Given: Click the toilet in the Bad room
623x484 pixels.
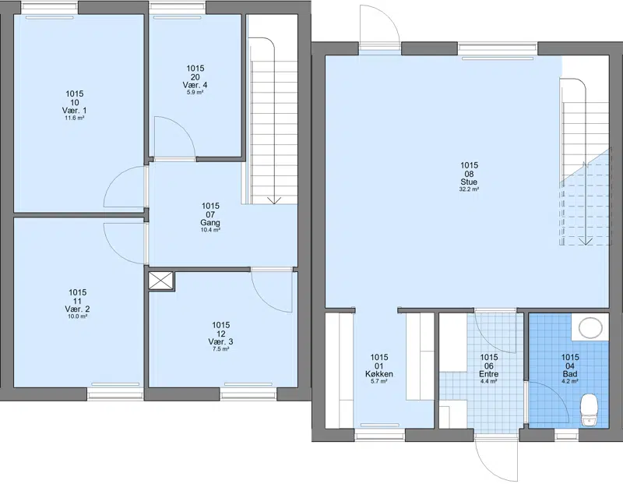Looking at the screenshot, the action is pyautogui.click(x=589, y=410).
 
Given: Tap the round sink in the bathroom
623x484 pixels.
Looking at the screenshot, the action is pyautogui.click(x=590, y=327).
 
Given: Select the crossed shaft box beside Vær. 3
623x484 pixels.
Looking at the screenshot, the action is pyautogui.click(x=161, y=281).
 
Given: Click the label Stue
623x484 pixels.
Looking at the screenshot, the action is pyautogui.click(x=469, y=182).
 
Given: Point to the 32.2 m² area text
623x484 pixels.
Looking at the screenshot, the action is pyautogui.click(x=469, y=189).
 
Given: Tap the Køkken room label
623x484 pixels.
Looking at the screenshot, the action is pyautogui.click(x=379, y=374).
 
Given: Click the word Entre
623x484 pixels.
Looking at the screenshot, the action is pyautogui.click(x=489, y=374).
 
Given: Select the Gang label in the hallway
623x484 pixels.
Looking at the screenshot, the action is pyautogui.click(x=210, y=223).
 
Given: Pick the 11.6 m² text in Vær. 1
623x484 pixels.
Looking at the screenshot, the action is pyautogui.click(x=74, y=118).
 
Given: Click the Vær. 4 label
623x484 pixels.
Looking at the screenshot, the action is pyautogui.click(x=195, y=85).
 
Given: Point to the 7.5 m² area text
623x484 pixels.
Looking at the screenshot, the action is pyautogui.click(x=220, y=349).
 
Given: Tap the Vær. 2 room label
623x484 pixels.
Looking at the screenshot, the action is pyautogui.click(x=77, y=309).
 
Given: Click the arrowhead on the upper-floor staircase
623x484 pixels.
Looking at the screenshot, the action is pyautogui.click(x=274, y=200).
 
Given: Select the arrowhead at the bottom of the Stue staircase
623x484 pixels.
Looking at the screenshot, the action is pyautogui.click(x=586, y=241).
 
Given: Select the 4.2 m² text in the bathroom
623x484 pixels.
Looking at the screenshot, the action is pyautogui.click(x=570, y=381).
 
